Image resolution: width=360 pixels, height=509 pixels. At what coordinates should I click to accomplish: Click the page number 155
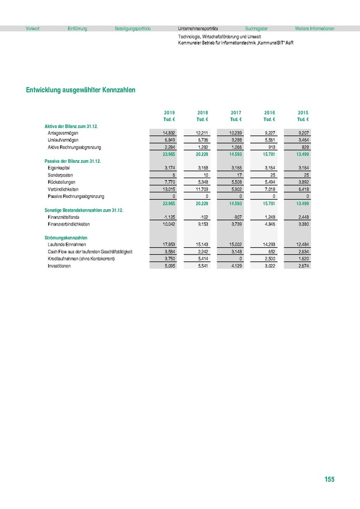[329, 480]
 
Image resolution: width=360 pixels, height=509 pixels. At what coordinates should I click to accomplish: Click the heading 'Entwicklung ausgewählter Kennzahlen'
[80, 90]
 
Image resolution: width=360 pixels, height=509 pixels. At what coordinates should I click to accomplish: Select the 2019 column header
[169, 113]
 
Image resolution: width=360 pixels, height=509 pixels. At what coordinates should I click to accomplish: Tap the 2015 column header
[302, 113]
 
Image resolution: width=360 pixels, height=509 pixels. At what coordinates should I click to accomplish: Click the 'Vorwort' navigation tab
[33, 28]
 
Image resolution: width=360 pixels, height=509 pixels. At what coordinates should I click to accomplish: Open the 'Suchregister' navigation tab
[256, 28]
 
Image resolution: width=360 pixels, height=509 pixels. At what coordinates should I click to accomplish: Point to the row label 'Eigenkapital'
[59, 168]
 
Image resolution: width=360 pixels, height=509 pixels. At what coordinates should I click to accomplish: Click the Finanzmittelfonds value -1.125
[168, 217]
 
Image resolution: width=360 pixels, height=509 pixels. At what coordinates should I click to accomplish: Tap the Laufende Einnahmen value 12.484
[302, 244]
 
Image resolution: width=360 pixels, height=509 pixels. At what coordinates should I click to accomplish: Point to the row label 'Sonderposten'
[59, 175]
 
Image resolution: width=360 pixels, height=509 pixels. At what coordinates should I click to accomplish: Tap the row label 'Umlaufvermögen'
[63, 140]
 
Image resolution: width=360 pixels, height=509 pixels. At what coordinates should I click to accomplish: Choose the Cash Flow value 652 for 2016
[271, 251]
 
